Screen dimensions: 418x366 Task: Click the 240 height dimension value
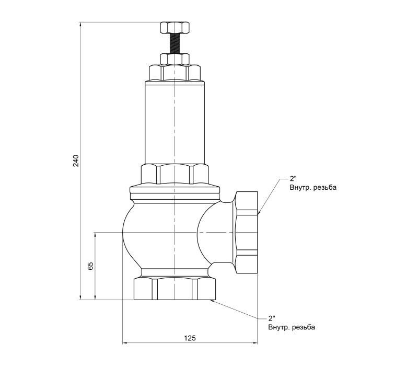pyautogui.click(x=76, y=161)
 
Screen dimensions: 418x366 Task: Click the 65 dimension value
pyautogui.click(x=90, y=266)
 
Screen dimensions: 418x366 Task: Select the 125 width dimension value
pyautogui.click(x=190, y=338)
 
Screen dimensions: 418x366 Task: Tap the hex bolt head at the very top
pyautogui.click(x=175, y=28)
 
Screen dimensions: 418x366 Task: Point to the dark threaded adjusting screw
pyautogui.click(x=175, y=43)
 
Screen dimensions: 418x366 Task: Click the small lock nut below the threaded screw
pyautogui.click(x=175, y=59)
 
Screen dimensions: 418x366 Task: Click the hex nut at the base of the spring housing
pyautogui.click(x=175, y=174)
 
